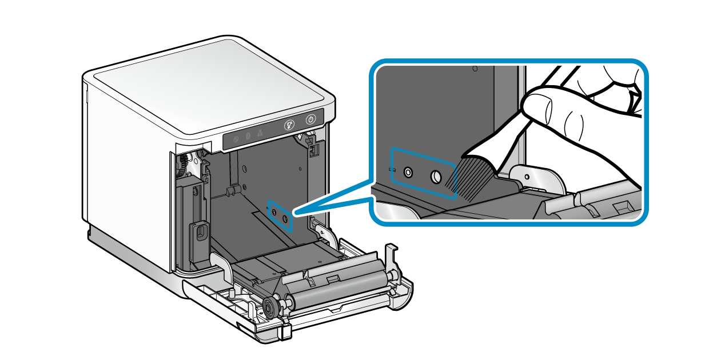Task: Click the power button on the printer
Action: (310, 119)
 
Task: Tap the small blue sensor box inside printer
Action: (281, 215)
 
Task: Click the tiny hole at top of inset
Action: (475, 69)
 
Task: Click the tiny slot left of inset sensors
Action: (393, 170)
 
